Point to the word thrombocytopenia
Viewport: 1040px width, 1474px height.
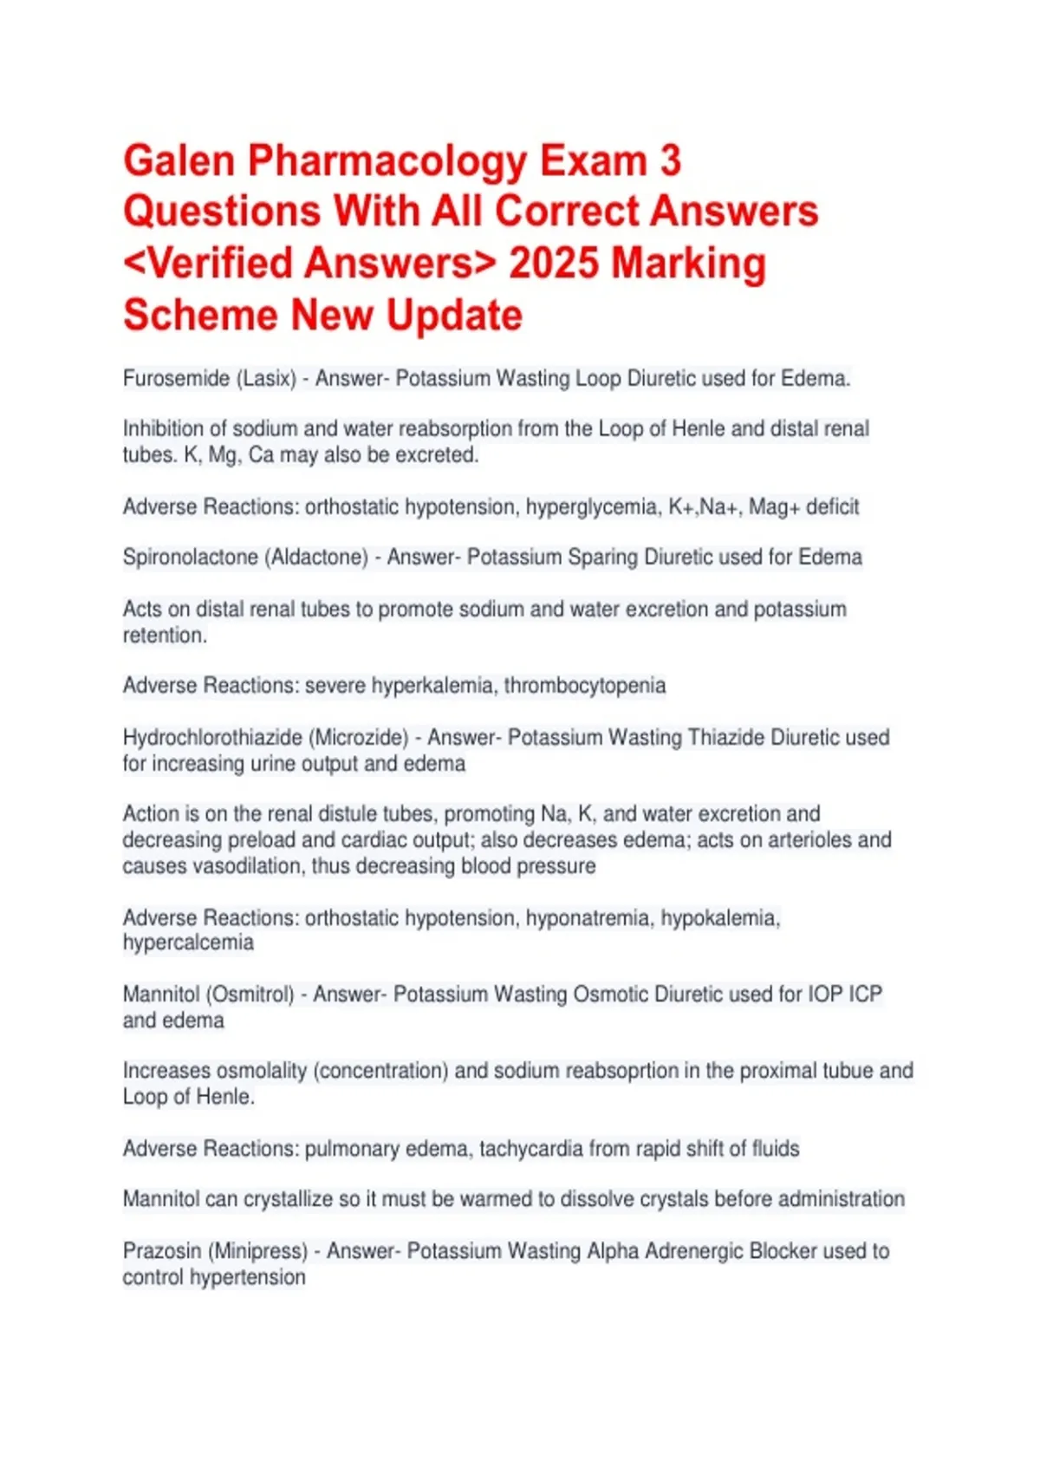click(x=585, y=686)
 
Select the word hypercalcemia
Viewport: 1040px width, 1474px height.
click(x=188, y=942)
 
